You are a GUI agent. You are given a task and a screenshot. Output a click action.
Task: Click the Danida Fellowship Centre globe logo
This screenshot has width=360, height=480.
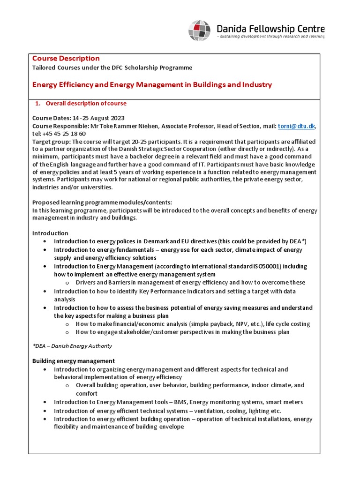click(199, 30)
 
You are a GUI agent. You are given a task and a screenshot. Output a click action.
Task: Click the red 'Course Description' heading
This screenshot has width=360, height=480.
click(66, 58)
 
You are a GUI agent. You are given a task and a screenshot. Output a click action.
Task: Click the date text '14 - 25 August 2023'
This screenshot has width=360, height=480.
click(98, 118)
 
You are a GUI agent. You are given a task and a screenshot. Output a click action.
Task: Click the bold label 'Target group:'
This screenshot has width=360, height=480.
click(51, 142)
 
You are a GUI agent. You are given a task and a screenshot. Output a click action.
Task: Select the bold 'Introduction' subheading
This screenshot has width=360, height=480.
click(50, 233)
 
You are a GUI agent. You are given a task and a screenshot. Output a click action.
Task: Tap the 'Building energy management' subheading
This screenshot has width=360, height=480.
click(73, 360)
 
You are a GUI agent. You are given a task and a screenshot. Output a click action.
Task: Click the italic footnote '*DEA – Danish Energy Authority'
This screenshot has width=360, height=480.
click(72, 346)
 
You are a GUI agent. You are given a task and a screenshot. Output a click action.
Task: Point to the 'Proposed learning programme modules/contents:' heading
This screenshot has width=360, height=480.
click(102, 202)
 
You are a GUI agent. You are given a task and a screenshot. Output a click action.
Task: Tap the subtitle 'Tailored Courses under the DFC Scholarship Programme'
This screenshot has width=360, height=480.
click(112, 67)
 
